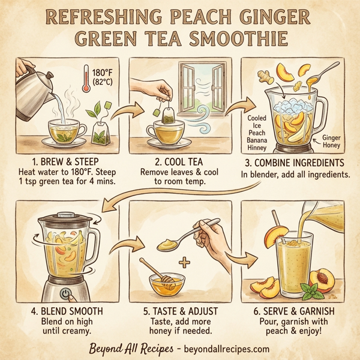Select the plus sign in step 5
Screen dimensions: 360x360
coord(184,263)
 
